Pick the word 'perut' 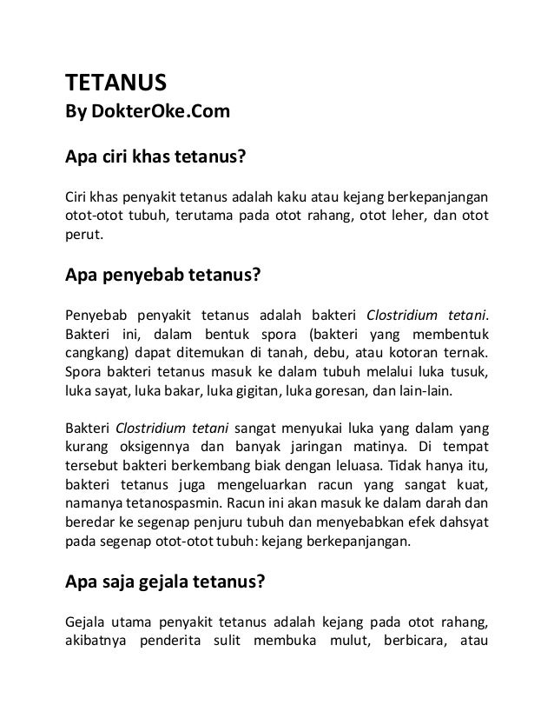(x=82, y=235)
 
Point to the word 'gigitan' (x=256, y=392)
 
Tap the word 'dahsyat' (x=460, y=526)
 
